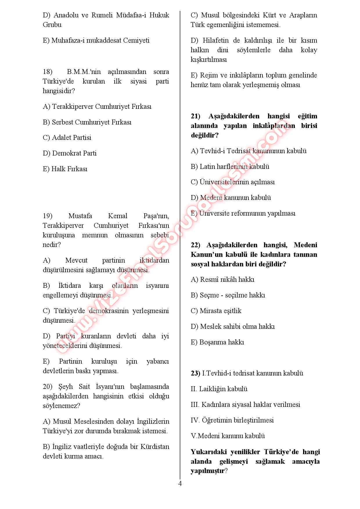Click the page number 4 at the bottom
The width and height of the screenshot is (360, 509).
tap(180, 484)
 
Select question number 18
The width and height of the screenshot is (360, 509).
tap(47, 72)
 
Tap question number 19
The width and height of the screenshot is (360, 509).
tap(47, 216)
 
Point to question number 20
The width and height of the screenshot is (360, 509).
tap(47, 387)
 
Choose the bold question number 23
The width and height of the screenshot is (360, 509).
tap(195, 373)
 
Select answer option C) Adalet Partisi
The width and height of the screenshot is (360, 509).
tap(67, 138)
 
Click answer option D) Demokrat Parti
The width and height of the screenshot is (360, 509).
tap(70, 153)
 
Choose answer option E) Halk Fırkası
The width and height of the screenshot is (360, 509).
tap(65, 169)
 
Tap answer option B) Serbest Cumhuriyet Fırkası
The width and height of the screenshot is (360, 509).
tap(87, 122)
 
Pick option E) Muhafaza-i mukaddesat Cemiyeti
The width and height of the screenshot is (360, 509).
tap(96, 40)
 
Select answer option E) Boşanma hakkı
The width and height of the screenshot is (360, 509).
tap(217, 342)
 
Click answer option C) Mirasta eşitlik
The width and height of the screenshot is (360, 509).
tap(216, 311)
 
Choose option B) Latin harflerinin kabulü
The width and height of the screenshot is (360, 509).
tap(230, 167)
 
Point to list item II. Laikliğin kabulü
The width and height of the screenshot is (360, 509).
tap(219, 389)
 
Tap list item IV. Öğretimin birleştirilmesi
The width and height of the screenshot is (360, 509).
tap(232, 420)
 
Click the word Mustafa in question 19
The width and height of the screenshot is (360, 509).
tap(80, 216)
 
